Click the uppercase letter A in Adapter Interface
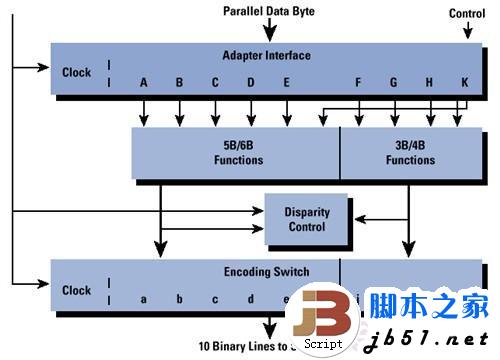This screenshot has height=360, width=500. coord(144,83)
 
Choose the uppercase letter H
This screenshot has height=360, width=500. coord(429,83)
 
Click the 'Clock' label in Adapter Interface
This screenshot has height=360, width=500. coord(76,73)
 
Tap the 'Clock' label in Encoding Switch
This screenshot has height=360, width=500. coord(76,291)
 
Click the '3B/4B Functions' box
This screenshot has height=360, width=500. coord(410,153)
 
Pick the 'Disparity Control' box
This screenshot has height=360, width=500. coord(305,219)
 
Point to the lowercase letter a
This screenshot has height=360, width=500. coord(144,299)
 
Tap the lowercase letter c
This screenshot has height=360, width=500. coord(214,299)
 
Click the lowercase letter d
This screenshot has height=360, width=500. coord(250,299)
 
